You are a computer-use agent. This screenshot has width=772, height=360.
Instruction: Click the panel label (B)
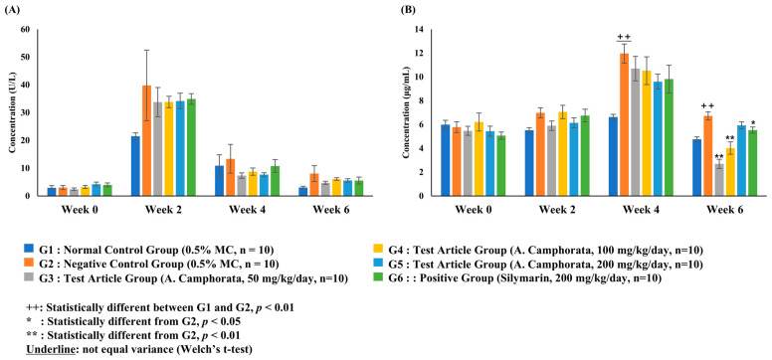pos(403,11)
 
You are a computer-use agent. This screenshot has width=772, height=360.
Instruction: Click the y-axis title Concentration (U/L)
pos(13,111)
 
